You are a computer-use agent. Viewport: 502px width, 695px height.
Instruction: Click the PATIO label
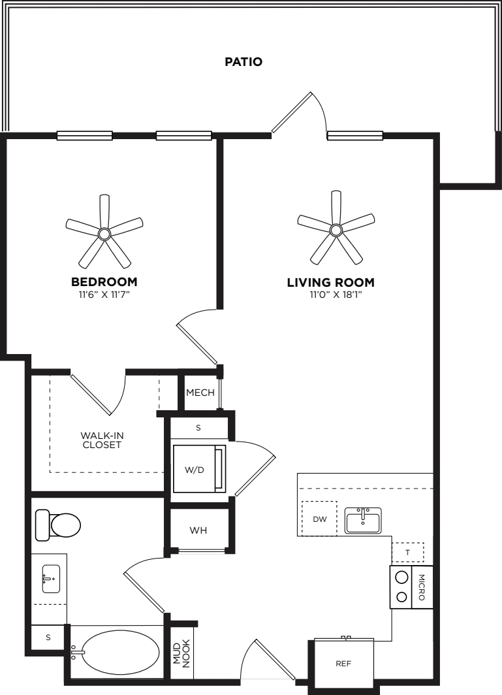click(243, 61)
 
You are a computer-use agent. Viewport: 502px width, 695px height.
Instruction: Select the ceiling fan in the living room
click(336, 229)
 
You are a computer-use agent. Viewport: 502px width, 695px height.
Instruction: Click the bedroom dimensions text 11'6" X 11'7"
click(104, 295)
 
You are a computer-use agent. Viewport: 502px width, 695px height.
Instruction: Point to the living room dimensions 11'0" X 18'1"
click(330, 295)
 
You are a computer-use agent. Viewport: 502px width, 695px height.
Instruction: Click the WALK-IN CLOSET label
click(102, 440)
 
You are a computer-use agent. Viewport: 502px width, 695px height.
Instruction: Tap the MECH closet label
click(200, 393)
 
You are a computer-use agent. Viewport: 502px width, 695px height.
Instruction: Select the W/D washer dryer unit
click(199, 469)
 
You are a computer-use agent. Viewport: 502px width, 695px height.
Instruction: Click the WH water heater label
click(198, 530)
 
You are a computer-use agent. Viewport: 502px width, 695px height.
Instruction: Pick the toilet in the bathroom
click(57, 525)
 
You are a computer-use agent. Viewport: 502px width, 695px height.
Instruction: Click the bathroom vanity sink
click(51, 579)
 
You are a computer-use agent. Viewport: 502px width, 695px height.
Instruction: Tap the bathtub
click(115, 653)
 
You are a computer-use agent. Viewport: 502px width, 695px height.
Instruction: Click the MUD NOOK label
click(181, 653)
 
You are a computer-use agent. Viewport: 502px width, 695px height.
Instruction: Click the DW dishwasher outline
click(319, 519)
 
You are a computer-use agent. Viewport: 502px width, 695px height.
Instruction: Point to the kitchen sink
click(363, 520)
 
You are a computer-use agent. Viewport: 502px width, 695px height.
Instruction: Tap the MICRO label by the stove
click(421, 587)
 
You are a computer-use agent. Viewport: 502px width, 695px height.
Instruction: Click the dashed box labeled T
click(407, 553)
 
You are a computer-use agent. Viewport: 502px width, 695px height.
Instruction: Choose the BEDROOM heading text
click(104, 282)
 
